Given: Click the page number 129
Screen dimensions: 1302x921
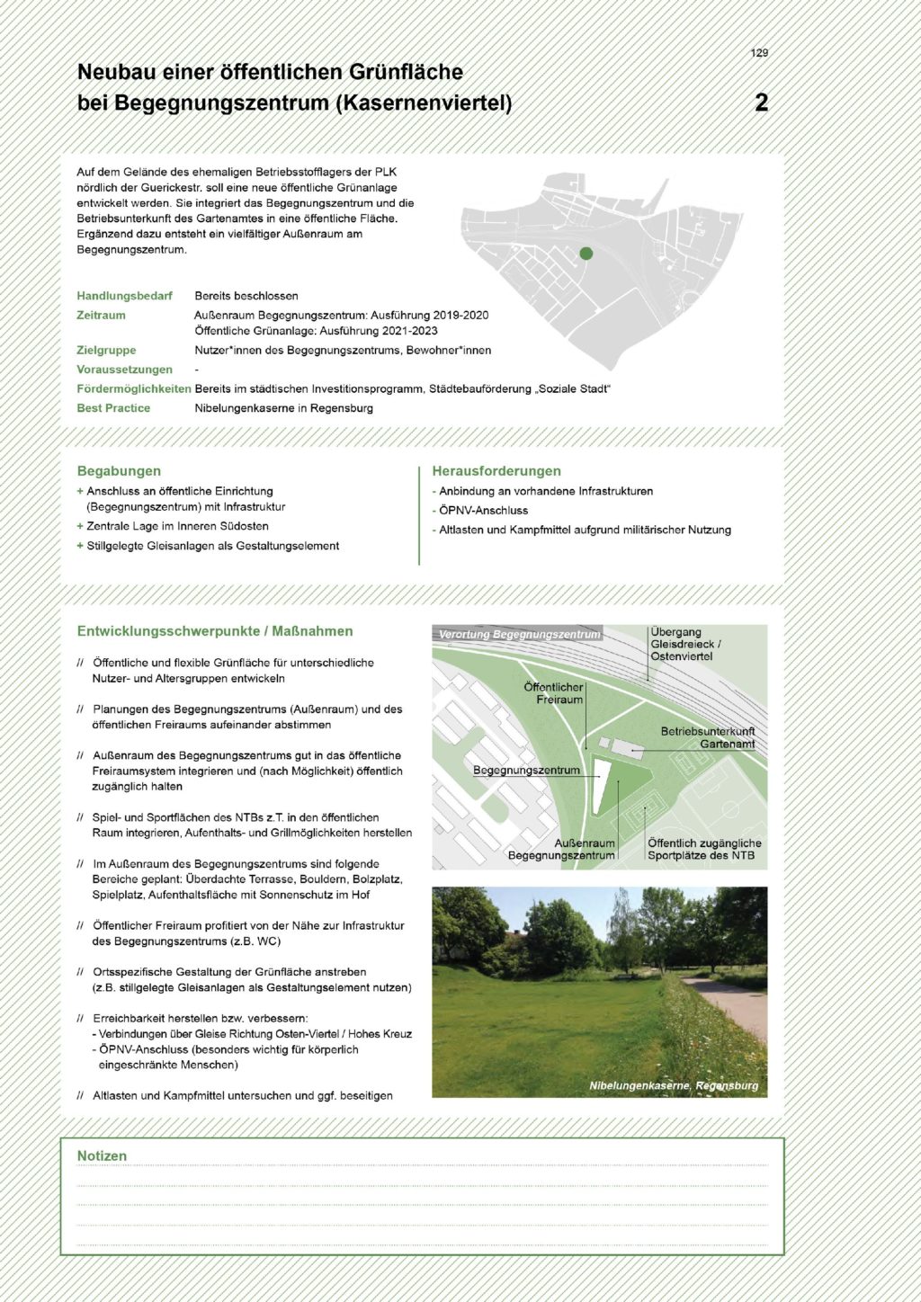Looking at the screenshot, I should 759,53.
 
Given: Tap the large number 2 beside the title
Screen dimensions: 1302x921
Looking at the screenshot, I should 761,103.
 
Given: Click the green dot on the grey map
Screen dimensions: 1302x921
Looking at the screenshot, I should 586,254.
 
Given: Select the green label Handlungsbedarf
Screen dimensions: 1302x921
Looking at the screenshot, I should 124,296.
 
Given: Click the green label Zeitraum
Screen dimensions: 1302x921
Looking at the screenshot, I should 101,316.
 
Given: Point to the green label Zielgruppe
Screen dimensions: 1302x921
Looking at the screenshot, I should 106,351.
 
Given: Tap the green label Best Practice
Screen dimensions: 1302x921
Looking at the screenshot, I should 113,408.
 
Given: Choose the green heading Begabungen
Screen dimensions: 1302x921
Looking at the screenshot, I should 119,471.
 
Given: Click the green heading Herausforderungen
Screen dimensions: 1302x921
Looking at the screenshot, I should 496,471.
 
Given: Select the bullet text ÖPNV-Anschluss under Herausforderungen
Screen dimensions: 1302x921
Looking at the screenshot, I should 483,511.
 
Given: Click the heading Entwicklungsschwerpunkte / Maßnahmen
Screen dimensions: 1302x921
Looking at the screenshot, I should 215,631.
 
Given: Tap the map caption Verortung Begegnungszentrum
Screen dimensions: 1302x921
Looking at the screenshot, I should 519,635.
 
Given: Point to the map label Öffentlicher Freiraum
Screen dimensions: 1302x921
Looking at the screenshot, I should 553,693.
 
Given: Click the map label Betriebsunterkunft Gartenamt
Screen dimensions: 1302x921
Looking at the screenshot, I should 708,737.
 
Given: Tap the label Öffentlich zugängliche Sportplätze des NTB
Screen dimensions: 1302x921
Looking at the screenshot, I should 703,850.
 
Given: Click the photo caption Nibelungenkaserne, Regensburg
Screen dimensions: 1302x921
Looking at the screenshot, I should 673,1085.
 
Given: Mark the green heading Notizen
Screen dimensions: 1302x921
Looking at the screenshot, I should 102,1156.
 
